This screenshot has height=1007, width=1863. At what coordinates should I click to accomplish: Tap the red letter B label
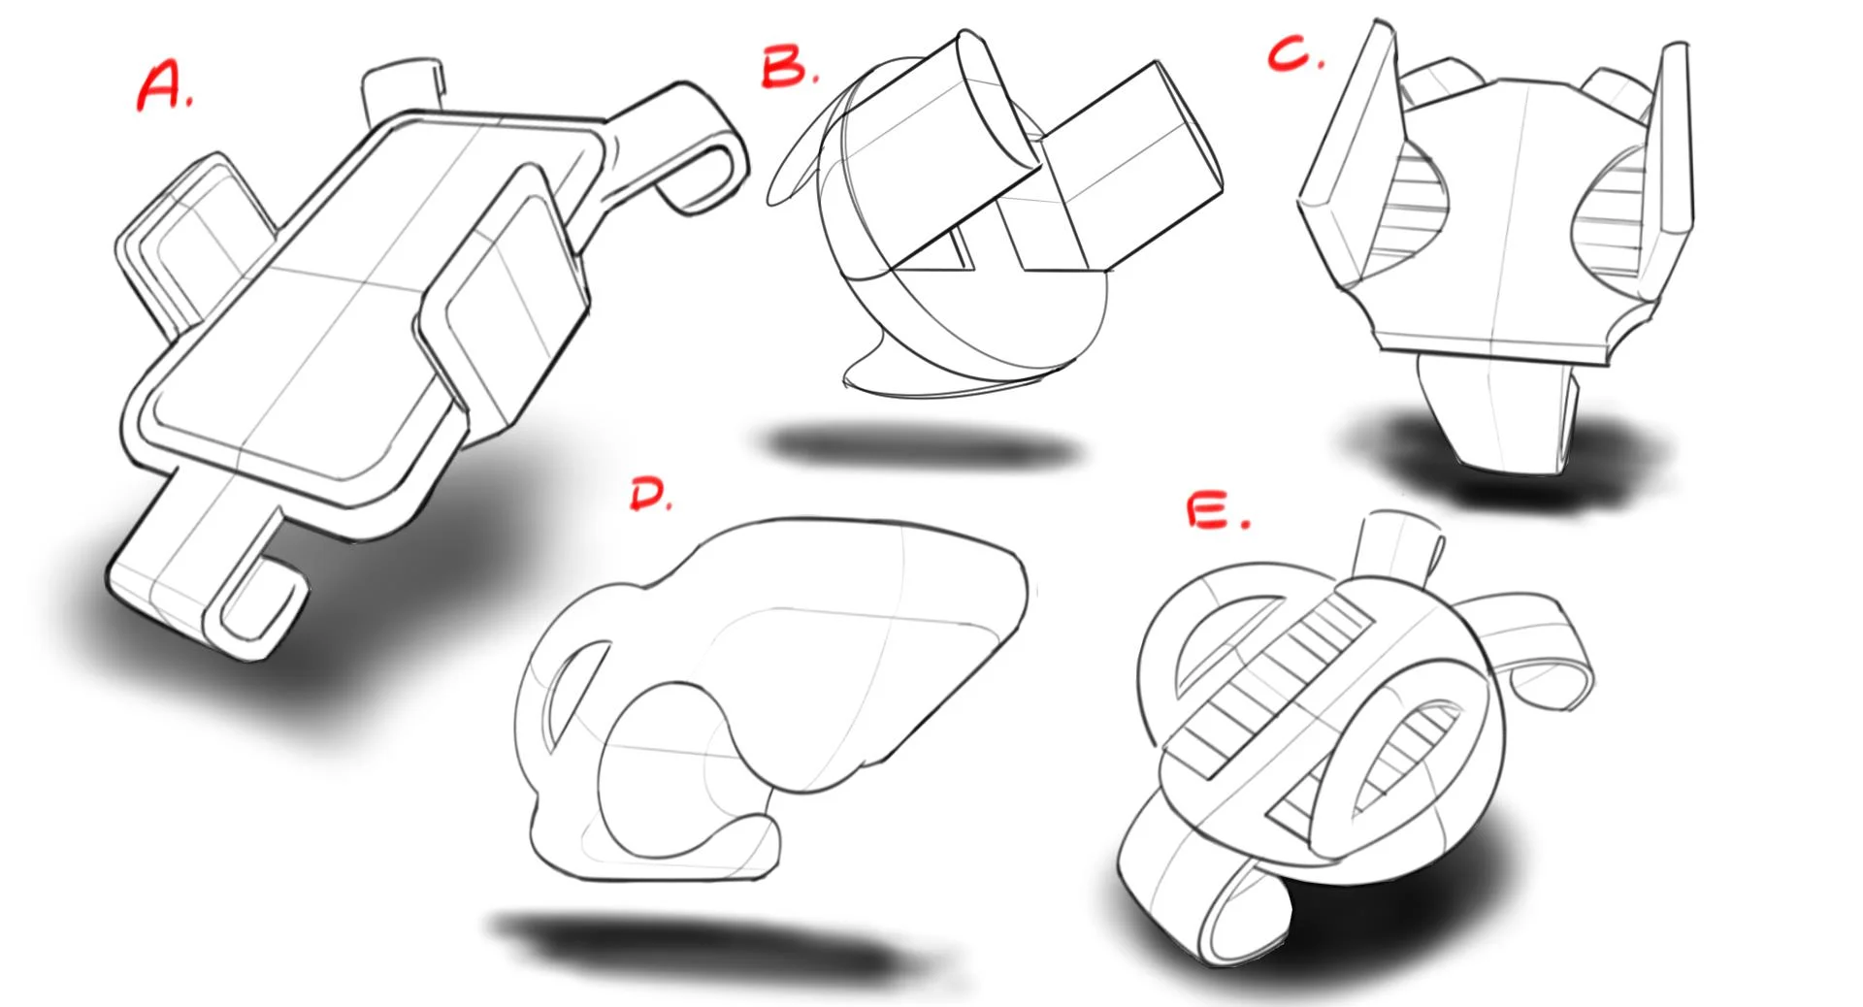[x=788, y=68]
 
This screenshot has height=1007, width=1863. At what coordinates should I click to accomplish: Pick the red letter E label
[x=1216, y=511]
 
